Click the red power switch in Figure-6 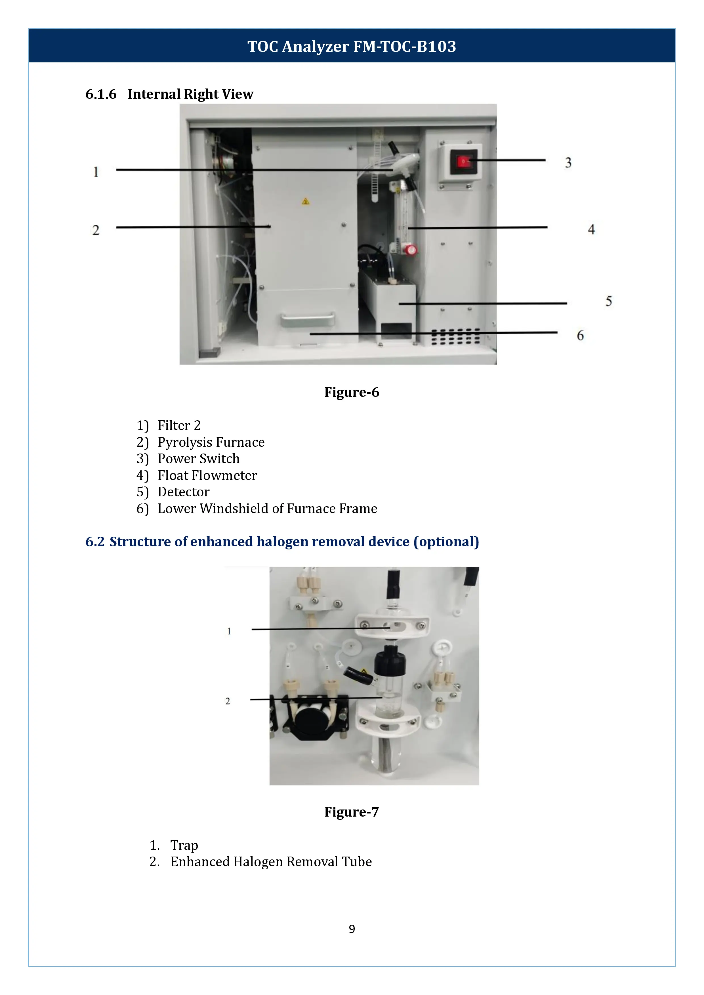coord(463,162)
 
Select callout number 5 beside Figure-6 coord(609,301)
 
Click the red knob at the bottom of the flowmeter coord(411,250)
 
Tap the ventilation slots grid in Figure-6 coord(455,337)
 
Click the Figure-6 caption coord(352,392)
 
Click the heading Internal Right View coord(190,94)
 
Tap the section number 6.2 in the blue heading coord(95,542)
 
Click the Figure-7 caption coord(352,812)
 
